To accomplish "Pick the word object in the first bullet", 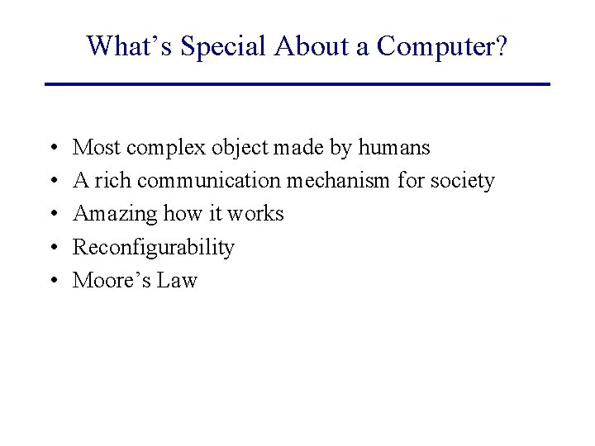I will [234, 149].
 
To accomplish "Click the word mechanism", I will [338, 181].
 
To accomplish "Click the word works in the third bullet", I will [255, 214].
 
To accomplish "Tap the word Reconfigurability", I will [154, 248].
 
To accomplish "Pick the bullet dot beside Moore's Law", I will [52, 281].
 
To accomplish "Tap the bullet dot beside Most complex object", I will [52, 149].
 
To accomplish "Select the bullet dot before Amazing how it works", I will [52, 215].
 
